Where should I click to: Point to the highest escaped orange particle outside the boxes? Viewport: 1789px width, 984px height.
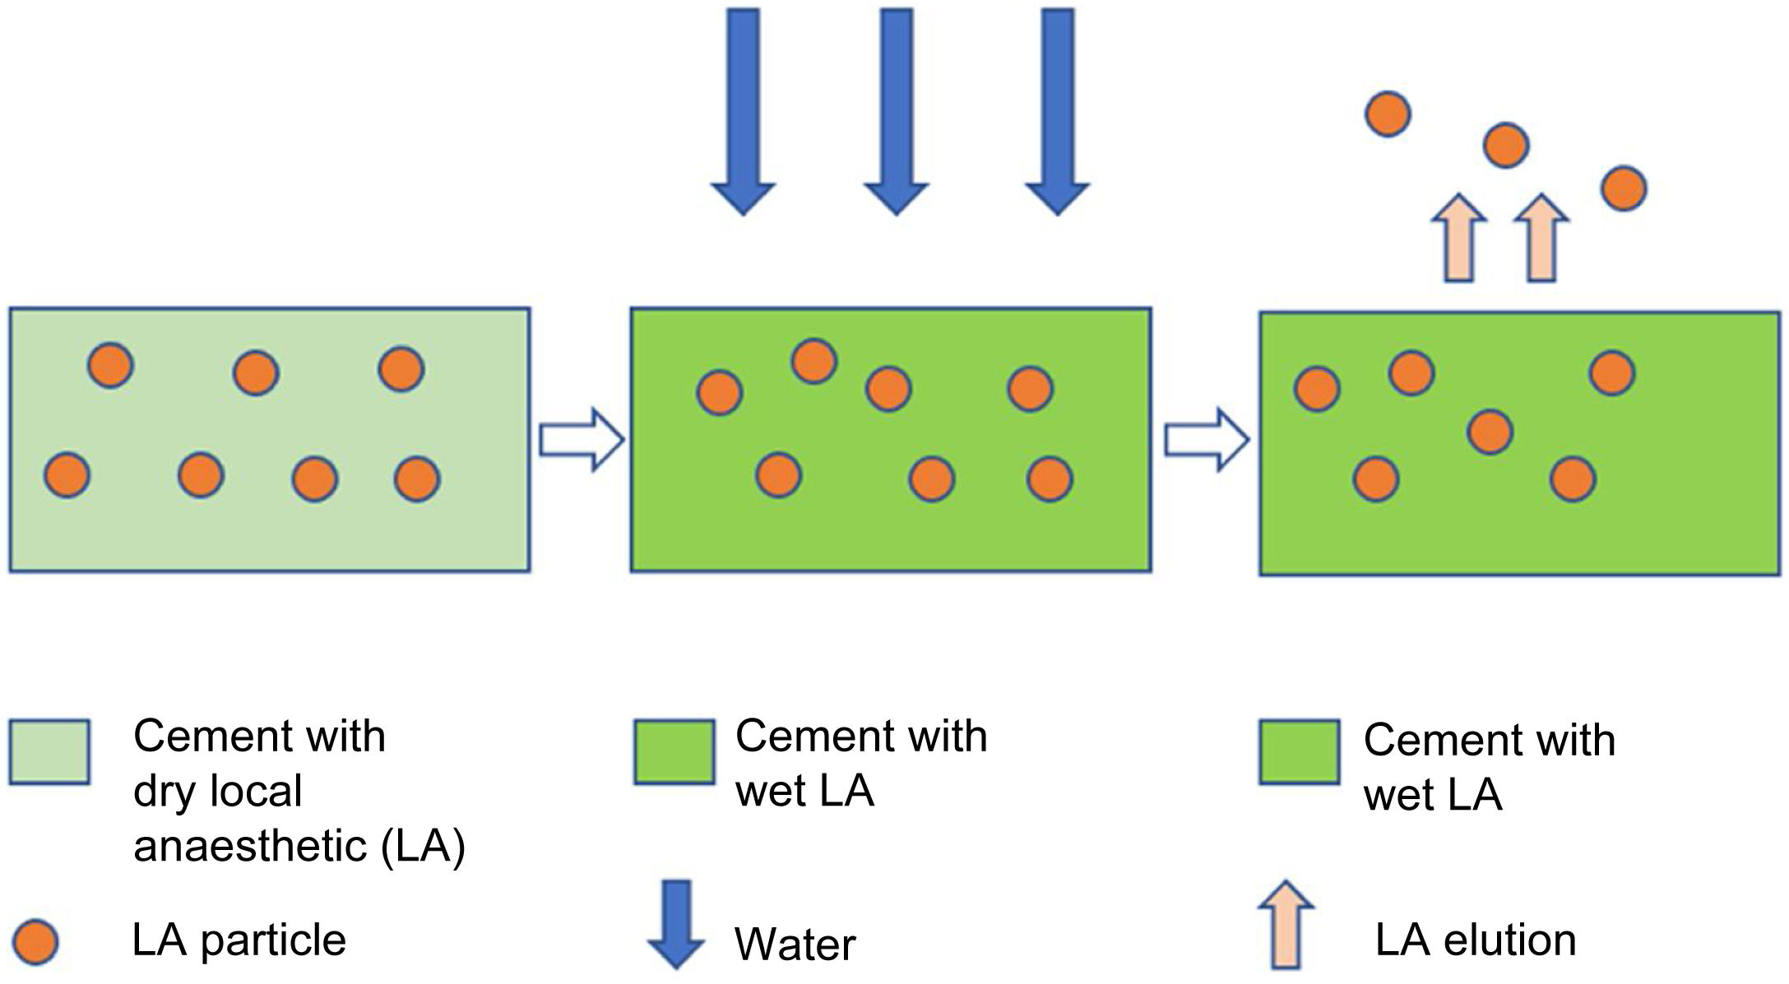(1388, 113)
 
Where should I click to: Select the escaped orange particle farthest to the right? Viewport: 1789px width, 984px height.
(1624, 188)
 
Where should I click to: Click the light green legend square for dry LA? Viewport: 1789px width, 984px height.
(49, 752)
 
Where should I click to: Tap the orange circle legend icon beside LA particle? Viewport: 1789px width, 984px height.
(36, 941)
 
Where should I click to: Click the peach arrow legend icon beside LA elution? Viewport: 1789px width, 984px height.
(1286, 924)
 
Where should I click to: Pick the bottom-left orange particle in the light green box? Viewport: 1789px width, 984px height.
(67, 475)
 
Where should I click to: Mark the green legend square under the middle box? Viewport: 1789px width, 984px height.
(674, 752)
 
